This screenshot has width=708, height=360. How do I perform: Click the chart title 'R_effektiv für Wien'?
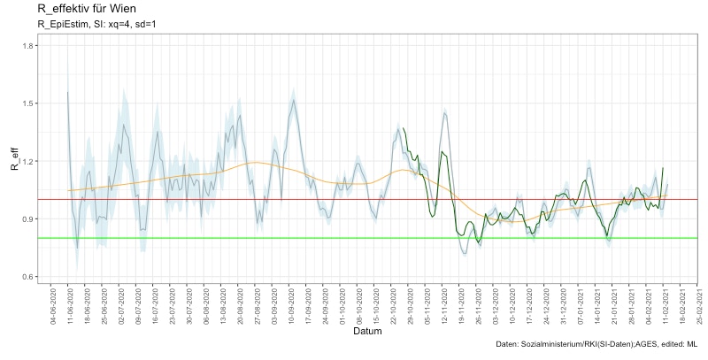click(x=86, y=9)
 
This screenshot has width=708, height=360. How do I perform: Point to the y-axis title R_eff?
click(x=13, y=161)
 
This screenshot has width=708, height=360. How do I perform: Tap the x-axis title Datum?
click(x=367, y=332)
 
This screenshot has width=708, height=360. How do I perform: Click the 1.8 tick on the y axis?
click(x=29, y=46)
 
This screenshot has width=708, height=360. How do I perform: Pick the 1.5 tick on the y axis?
click(x=29, y=103)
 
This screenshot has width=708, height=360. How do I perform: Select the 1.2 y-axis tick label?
click(x=29, y=161)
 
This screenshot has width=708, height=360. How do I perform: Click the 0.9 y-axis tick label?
click(x=29, y=218)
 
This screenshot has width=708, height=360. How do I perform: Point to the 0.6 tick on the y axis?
click(x=29, y=277)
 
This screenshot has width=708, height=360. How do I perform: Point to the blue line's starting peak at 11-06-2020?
click(x=68, y=92)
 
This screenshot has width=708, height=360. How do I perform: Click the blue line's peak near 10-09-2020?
click(x=292, y=99)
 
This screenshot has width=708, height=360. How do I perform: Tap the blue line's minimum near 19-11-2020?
click(x=465, y=254)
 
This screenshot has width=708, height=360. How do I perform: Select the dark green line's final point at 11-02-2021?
click(x=663, y=168)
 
